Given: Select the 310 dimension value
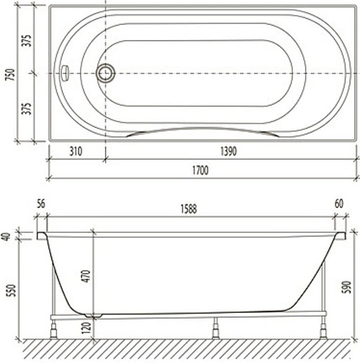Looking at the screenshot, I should [78, 152].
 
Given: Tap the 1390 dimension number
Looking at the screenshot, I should [227, 152].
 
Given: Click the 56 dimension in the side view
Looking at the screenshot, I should [41, 204].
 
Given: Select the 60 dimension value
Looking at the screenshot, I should [338, 204].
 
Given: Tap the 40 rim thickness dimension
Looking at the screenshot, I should [8, 237].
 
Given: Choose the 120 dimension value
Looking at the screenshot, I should [86, 327].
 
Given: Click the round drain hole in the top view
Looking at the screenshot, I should [106, 73].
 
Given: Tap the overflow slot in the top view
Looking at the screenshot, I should [64, 73].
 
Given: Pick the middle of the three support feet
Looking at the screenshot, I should [213, 330].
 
